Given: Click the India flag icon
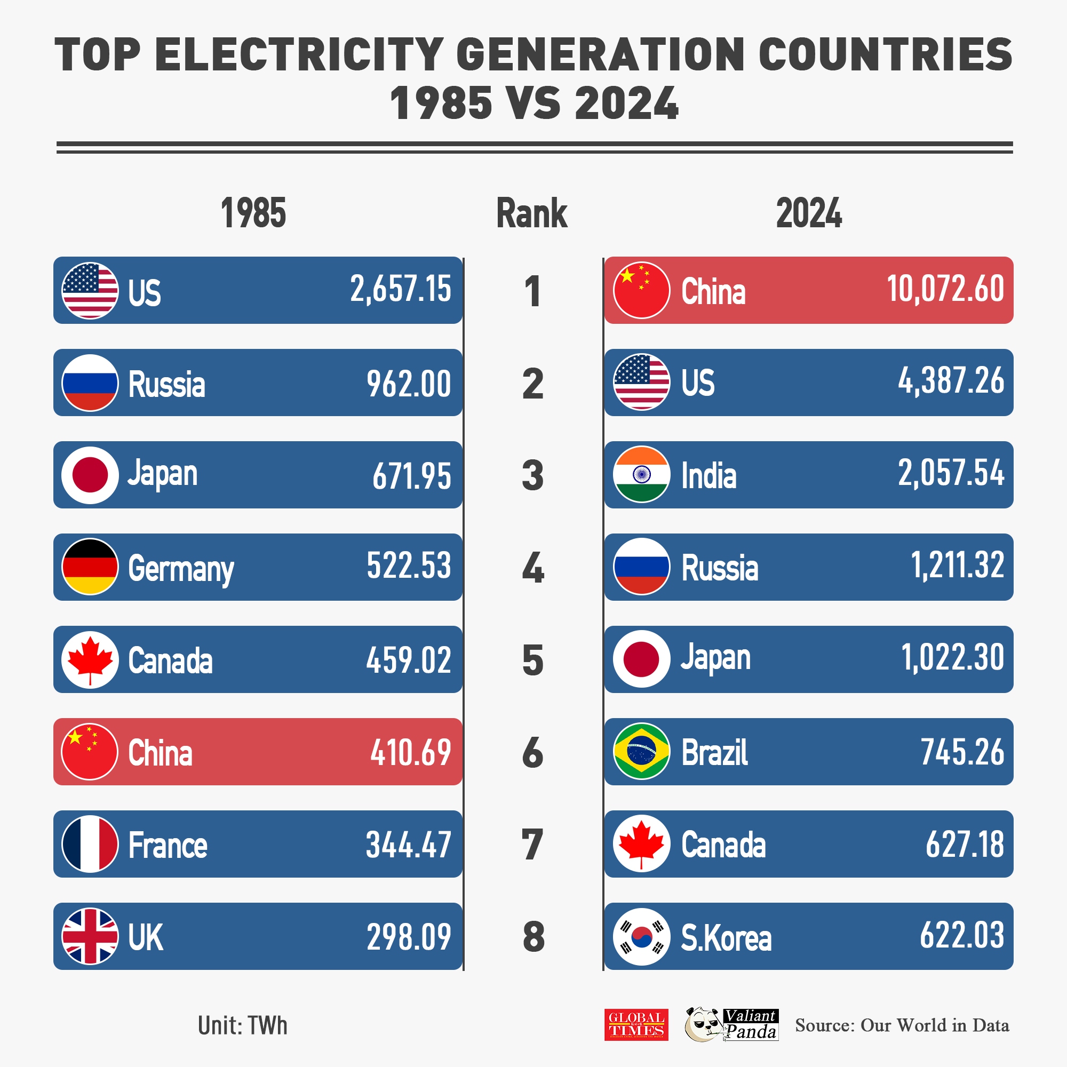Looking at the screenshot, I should pyautogui.click(x=641, y=474).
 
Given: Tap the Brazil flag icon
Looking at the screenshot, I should pyautogui.click(x=641, y=751).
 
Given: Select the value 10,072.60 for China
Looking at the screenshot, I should pyautogui.click(x=945, y=289).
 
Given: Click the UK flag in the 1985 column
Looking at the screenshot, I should pyautogui.click(x=90, y=936).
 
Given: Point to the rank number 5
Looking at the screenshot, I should pyautogui.click(x=532, y=660).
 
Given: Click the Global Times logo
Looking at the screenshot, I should pyautogui.click(x=636, y=1024).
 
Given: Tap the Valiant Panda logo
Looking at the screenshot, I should pyautogui.click(x=731, y=1024).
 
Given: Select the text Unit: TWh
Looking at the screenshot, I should pyautogui.click(x=242, y=1025).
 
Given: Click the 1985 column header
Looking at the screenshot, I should pyautogui.click(x=253, y=213).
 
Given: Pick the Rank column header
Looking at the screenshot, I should pyautogui.click(x=531, y=213).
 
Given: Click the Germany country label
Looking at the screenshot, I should pyautogui.click(x=181, y=568).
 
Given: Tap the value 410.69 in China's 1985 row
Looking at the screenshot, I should pyautogui.click(x=410, y=752).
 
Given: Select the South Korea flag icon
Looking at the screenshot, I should pyautogui.click(x=641, y=936).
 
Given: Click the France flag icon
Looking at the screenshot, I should pyautogui.click(x=90, y=844).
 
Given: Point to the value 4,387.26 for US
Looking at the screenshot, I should pyautogui.click(x=951, y=381).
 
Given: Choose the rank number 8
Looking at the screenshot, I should pyautogui.click(x=533, y=937).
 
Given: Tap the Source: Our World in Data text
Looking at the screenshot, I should pyautogui.click(x=901, y=1025).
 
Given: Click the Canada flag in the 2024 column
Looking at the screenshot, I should pyautogui.click(x=641, y=844).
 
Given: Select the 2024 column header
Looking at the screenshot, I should pyautogui.click(x=809, y=213).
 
